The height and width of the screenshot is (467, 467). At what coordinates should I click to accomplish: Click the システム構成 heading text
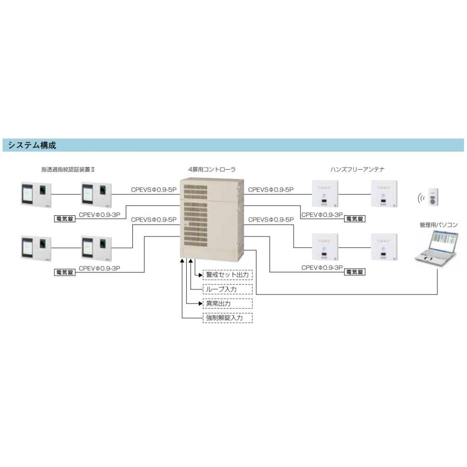point(32,145)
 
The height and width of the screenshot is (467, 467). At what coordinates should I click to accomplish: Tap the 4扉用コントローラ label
point(212,170)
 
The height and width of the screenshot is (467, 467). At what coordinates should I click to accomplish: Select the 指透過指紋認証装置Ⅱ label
point(68,170)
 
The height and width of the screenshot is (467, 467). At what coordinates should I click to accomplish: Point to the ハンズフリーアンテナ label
point(357,170)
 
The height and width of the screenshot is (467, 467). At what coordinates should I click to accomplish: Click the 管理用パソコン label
point(438,225)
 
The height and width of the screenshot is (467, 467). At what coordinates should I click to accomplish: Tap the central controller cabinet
point(212,219)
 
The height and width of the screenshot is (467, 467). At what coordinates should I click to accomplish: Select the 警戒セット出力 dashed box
point(228,274)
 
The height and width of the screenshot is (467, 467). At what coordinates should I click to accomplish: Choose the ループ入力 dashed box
point(228,289)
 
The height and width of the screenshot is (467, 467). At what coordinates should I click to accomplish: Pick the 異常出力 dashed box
point(228,304)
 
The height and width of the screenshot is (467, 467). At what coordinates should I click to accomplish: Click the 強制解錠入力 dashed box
point(228,318)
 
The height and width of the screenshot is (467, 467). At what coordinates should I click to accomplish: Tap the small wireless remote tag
point(433,197)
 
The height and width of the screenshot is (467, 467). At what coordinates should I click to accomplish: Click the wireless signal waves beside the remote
point(421,198)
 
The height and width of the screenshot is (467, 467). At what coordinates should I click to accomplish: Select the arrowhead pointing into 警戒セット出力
point(201,275)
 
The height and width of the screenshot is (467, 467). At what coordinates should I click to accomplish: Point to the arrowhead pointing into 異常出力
point(201,304)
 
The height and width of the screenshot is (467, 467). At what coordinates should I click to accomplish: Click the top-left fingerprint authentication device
point(36,195)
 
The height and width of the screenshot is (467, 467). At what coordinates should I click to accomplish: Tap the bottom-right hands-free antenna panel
point(384,247)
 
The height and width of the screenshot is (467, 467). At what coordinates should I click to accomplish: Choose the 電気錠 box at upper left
point(65,218)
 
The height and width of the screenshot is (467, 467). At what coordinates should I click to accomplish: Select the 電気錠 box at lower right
point(354,272)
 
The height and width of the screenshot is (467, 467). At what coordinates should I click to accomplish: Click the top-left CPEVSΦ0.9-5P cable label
point(154,190)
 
